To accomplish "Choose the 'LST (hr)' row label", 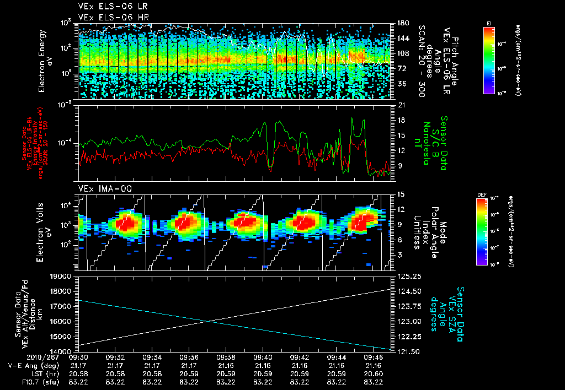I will pyautogui.click(x=28, y=373).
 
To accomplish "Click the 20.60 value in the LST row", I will pyautogui.click(x=373, y=373).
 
